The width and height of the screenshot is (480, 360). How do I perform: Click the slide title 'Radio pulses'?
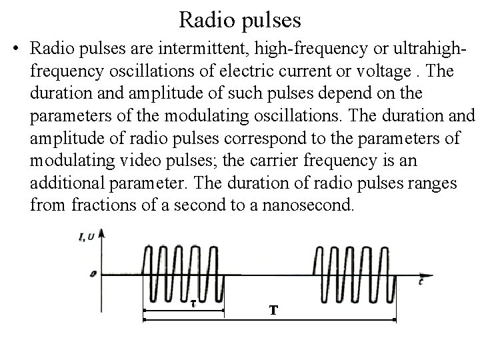click(240, 20)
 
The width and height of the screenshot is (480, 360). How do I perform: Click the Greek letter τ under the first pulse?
click(192, 303)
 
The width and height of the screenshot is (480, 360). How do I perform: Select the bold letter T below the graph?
click(273, 310)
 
